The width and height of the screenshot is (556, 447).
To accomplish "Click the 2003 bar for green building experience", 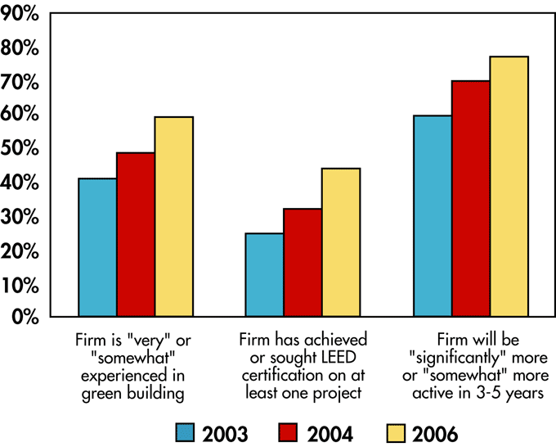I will coord(97,247).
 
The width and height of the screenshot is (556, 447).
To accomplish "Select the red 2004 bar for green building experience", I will coord(136,234).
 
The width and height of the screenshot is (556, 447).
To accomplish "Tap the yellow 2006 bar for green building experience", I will coord(174,216).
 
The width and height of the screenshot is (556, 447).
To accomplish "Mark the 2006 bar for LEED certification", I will coord(341,242).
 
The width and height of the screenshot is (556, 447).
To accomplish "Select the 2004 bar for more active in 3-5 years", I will coord(471,198).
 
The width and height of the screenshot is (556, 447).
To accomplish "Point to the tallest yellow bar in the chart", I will coord(509,186).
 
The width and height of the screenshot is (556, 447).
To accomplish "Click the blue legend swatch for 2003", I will coord(186,432).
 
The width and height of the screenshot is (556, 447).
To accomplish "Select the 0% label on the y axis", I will coord(25,317).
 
